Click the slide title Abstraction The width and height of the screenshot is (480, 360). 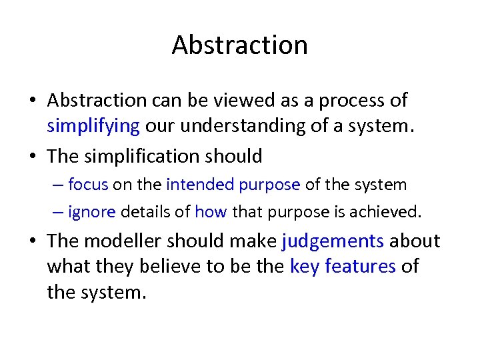pos(239,45)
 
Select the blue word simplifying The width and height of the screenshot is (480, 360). pos(93,125)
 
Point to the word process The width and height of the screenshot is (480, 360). pos(353,101)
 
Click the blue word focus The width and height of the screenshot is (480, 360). pos(88,184)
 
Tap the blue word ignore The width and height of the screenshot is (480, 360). pos(92,212)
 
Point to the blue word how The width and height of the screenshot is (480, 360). pos(211,212)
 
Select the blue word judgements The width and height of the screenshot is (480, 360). pos(333,241)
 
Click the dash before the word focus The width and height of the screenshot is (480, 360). pos(58,185)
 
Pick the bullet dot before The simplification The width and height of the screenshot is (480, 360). pos(33,157)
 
